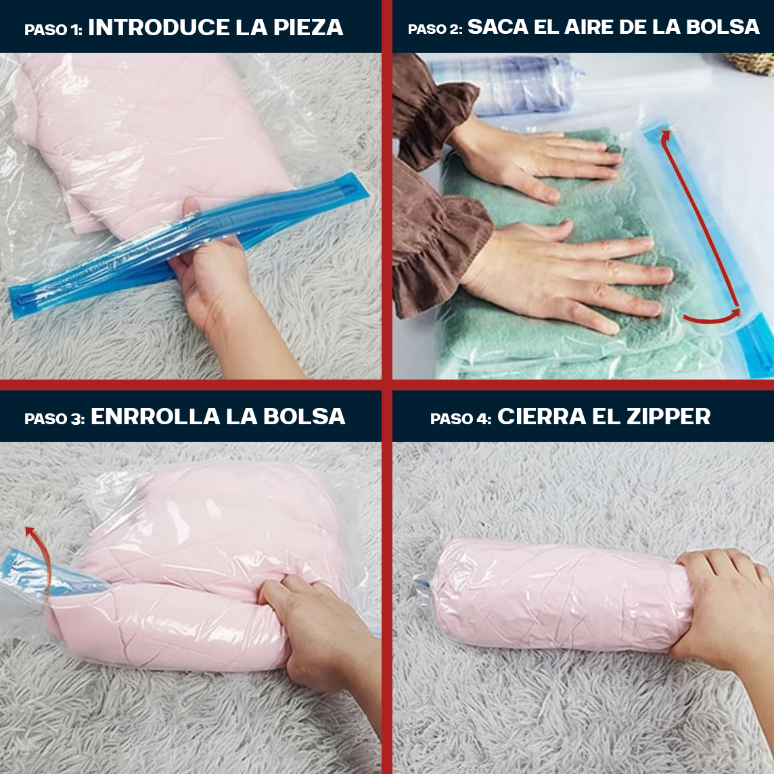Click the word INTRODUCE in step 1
[159, 28]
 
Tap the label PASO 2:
[434, 29]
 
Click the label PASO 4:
[460, 419]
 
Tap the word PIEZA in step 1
[309, 28]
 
